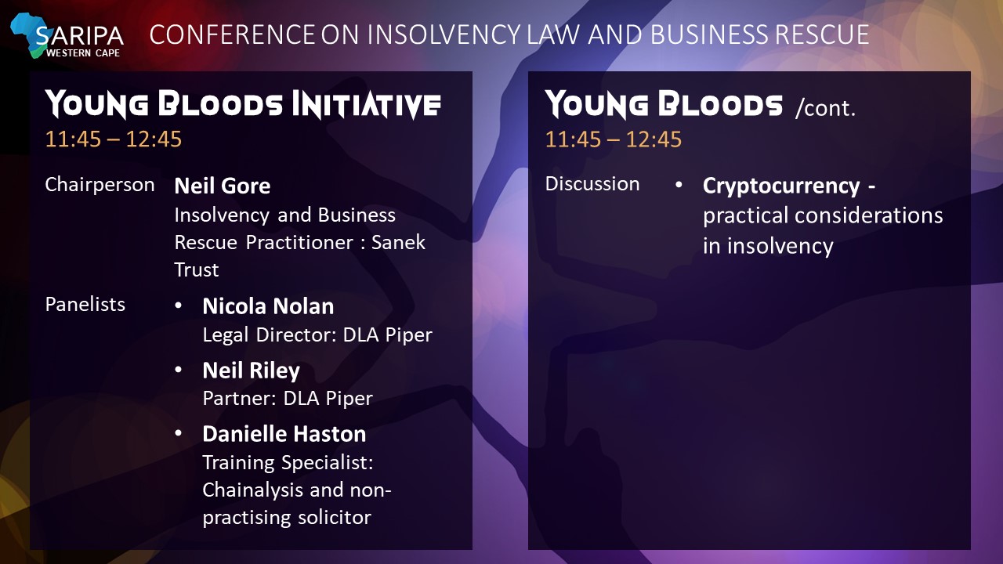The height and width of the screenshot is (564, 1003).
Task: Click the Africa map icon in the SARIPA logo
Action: [27, 34]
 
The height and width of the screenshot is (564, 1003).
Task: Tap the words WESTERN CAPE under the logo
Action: [83, 53]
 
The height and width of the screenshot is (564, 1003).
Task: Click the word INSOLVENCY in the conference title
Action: [444, 34]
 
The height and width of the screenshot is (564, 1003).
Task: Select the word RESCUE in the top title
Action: [822, 34]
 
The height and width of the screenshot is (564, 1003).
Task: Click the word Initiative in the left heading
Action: [366, 105]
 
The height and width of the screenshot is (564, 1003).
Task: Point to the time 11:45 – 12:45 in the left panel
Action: [114, 139]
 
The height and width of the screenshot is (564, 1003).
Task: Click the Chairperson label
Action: [100, 185]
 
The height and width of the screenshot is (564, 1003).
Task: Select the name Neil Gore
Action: [222, 186]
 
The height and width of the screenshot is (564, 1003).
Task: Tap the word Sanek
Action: [398, 243]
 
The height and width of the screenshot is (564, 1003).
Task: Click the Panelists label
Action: [85, 305]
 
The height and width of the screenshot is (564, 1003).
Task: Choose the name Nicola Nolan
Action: [268, 306]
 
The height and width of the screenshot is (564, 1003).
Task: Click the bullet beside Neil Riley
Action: [178, 371]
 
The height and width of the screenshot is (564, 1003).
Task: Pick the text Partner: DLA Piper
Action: [288, 399]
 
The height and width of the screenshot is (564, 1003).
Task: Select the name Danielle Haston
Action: [284, 434]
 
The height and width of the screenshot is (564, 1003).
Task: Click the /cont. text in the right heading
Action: [825, 108]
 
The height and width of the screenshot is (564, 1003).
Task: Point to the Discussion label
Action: [592, 184]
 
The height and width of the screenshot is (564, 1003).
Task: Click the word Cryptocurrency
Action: [781, 186]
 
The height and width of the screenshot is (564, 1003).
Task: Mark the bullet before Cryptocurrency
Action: [679, 185]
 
